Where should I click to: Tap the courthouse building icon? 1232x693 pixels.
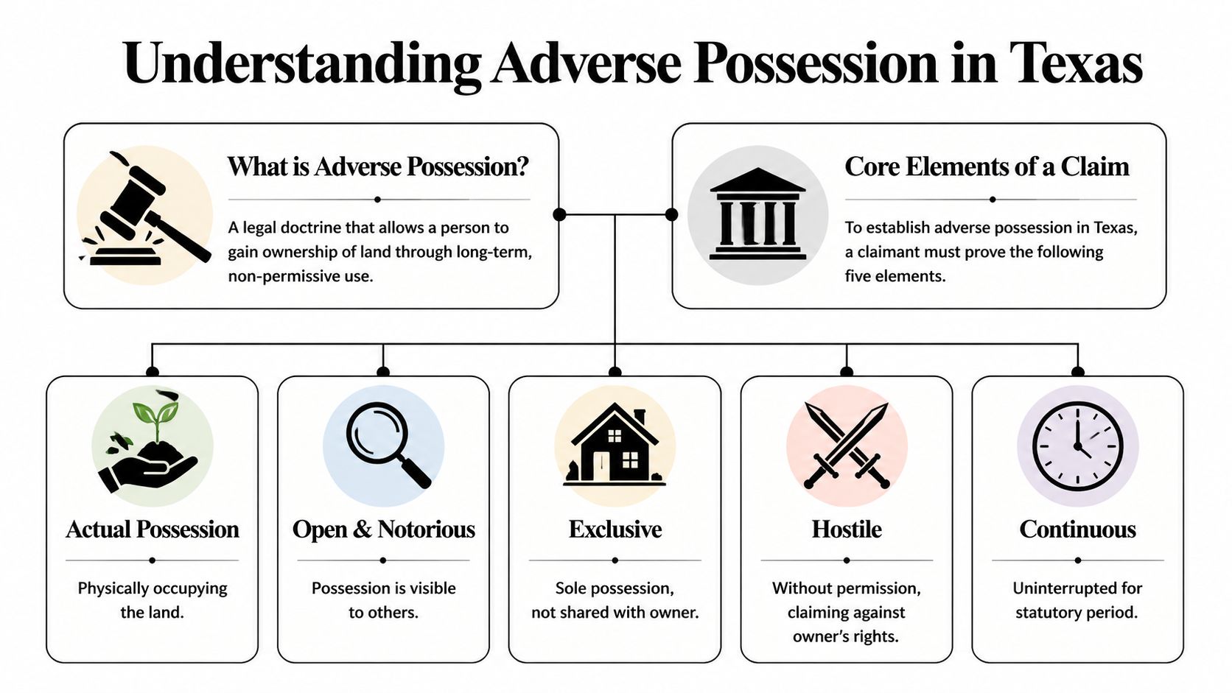tap(757, 214)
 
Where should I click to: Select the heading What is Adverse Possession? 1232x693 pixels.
tap(378, 167)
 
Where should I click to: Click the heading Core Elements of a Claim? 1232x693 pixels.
tap(987, 167)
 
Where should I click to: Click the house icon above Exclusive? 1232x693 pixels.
tap(615, 447)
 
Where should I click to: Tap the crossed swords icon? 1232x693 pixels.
tap(847, 446)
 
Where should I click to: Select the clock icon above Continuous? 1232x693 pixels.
tap(1077, 446)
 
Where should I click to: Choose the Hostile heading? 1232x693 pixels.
tap(847, 530)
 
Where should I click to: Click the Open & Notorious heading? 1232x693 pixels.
tap(383, 530)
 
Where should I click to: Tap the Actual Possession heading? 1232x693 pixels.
tap(152, 530)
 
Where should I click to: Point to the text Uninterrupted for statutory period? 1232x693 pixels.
tap(1077, 600)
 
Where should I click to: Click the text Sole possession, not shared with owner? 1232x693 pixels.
tap(615, 600)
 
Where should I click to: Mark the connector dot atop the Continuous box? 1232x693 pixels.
tap(1078, 371)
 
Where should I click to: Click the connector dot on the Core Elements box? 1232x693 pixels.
tap(671, 214)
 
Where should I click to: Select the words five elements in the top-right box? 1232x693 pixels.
tap(895, 276)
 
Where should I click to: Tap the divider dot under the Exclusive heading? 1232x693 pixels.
tap(615, 560)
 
